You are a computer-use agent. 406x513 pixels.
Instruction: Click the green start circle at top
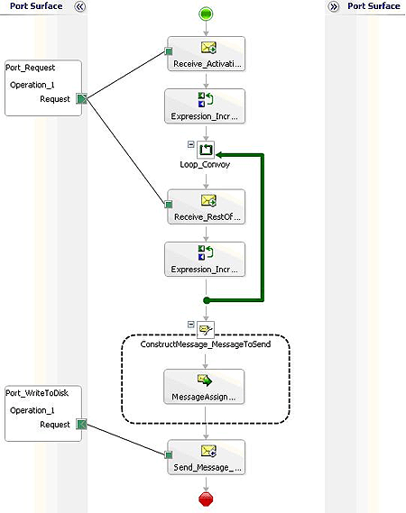206,14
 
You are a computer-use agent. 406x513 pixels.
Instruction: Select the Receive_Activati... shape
206,52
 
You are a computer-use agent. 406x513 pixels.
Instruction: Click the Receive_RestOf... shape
206,206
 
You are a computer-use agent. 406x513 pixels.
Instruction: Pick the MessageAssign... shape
206,386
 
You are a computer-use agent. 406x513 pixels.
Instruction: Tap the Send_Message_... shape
206,456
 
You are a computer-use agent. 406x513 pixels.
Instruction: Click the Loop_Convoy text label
206,166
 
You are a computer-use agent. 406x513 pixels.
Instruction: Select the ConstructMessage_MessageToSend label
206,344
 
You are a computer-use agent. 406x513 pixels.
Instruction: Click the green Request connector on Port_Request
81,99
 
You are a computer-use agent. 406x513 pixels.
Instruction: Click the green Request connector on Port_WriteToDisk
81,424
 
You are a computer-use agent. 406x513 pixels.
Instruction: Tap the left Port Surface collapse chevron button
79,6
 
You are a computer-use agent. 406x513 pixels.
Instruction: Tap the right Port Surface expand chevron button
334,6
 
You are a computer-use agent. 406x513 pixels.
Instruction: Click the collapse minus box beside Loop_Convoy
191,143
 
